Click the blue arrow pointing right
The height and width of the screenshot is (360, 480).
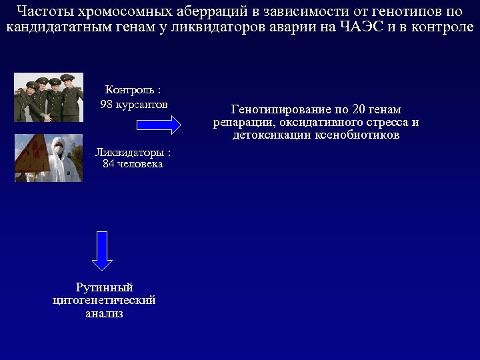pyautogui.click(x=159, y=125)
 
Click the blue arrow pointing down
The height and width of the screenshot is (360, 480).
pyautogui.click(x=101, y=250)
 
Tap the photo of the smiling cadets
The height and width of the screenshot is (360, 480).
pyautogui.click(x=49, y=97)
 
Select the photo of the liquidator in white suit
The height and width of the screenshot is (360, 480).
pyautogui.click(x=49, y=158)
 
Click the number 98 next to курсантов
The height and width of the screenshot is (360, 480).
pyautogui.click(x=107, y=105)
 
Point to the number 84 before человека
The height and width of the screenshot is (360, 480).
pyautogui.click(x=109, y=164)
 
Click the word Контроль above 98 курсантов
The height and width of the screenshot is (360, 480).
pyautogui.click(x=129, y=90)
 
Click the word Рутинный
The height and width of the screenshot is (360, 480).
pyautogui.click(x=104, y=287)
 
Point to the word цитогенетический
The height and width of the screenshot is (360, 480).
pyautogui.click(x=104, y=300)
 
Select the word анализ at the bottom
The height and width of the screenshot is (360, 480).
pyautogui.click(x=104, y=313)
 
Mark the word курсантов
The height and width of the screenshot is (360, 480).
pyautogui.click(x=142, y=105)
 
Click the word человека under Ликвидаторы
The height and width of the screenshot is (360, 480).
pyautogui.click(x=141, y=164)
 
